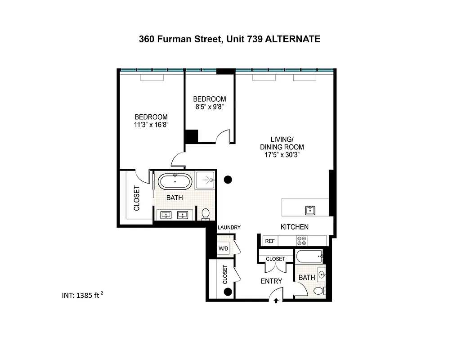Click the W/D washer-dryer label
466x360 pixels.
pyautogui.click(x=223, y=249)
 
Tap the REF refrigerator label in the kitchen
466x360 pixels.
pyautogui.click(x=270, y=241)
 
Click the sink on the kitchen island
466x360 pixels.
pyautogui.click(x=310, y=210)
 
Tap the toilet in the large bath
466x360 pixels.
pyautogui.click(x=206, y=214)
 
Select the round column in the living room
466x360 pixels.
pyautogui.click(x=228, y=180)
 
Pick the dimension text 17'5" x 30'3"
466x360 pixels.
pyautogui.click(x=282, y=154)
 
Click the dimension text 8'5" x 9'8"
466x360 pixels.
pyautogui.click(x=209, y=107)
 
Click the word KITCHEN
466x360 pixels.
pyautogui.click(x=295, y=227)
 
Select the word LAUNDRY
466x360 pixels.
pyautogui.click(x=229, y=228)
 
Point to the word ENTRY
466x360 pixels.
pyautogui.click(x=272, y=281)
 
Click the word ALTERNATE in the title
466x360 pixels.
pyautogui.click(x=293, y=39)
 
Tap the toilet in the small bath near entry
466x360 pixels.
pyautogui.click(x=319, y=290)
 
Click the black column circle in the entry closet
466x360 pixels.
pyautogui.click(x=228, y=292)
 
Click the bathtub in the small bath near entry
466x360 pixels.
pyautogui.click(x=309, y=257)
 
